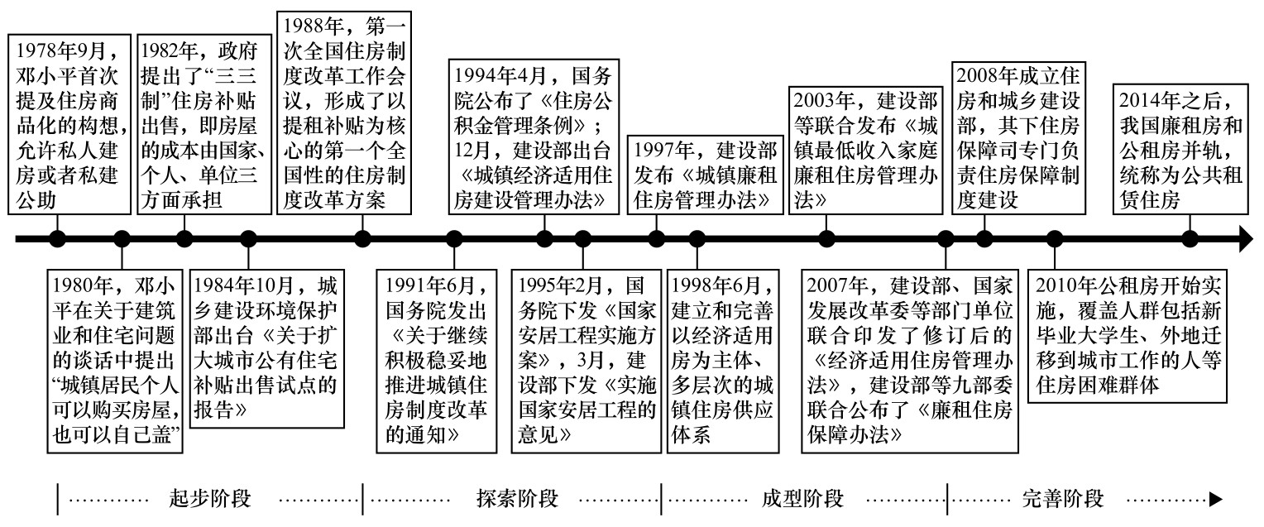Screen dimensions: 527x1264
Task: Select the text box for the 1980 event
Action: point(114,360)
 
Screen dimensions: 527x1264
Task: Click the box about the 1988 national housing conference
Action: point(343,113)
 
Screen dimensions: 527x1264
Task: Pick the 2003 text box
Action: point(864,148)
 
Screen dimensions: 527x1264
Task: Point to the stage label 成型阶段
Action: point(802,499)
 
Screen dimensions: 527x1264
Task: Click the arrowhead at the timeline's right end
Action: point(1243,240)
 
